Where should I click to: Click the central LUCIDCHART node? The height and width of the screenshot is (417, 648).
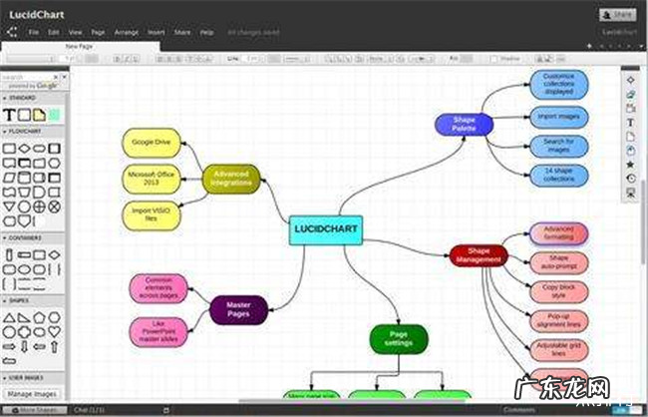[325, 229]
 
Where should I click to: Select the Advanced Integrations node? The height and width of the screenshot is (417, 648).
[230, 180]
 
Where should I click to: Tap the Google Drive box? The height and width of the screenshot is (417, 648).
[151, 143]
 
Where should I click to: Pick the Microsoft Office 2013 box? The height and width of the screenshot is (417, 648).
[151, 179]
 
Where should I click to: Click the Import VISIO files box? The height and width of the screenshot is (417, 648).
[151, 215]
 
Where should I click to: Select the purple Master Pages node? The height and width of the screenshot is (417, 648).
[237, 309]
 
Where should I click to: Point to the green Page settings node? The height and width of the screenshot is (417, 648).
[398, 339]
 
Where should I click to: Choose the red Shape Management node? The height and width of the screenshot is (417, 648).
[479, 255]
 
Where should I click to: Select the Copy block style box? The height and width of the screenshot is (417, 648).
[558, 292]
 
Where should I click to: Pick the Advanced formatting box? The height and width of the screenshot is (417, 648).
[558, 233]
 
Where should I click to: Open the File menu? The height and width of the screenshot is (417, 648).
[34, 32]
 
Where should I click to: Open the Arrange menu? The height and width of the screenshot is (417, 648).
[126, 32]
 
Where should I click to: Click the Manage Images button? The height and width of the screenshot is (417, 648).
[32, 394]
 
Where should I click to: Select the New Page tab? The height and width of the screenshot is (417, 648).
[80, 46]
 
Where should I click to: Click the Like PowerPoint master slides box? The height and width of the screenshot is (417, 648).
[158, 331]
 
